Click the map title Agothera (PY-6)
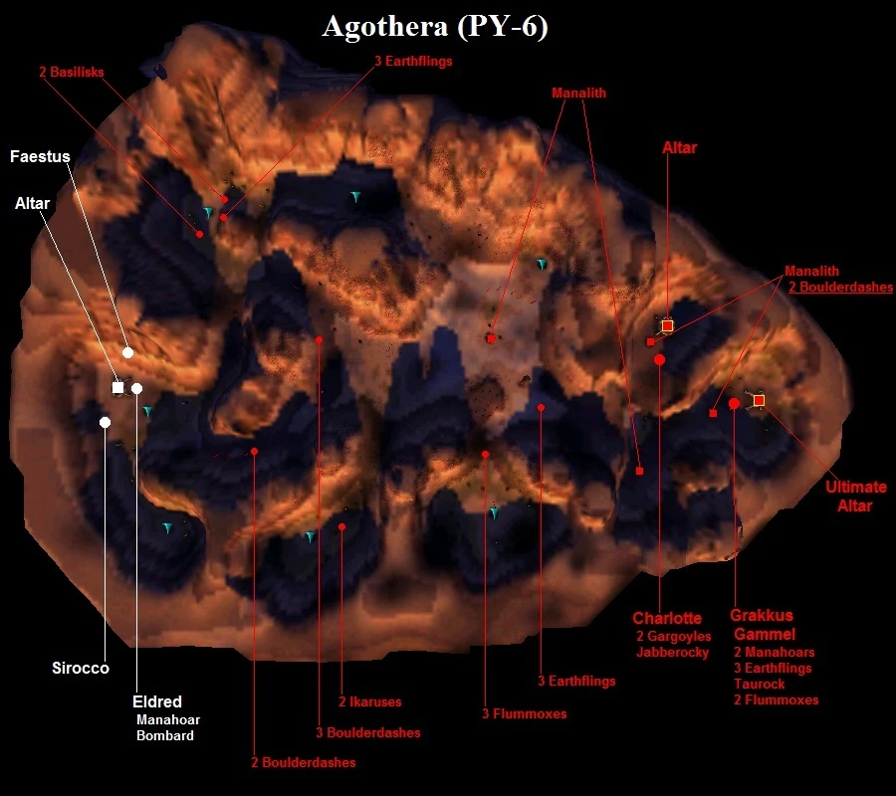click(x=435, y=27)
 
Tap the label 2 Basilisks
click(x=72, y=72)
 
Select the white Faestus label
click(x=40, y=156)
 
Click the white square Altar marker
click(x=117, y=388)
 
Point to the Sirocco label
click(x=81, y=668)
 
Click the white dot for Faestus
click(x=128, y=353)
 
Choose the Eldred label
click(x=157, y=701)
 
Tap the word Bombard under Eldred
click(x=165, y=735)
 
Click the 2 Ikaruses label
click(x=369, y=701)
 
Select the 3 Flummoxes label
click(x=524, y=713)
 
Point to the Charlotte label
click(x=667, y=618)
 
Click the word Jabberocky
click(x=673, y=652)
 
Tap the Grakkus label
click(x=762, y=616)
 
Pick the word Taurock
click(x=759, y=685)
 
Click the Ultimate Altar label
click(x=855, y=497)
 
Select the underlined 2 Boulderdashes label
click(x=840, y=287)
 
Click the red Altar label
click(x=679, y=148)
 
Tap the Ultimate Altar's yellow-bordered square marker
click(x=759, y=400)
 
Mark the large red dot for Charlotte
click(x=659, y=360)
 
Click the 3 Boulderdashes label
click(x=368, y=732)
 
